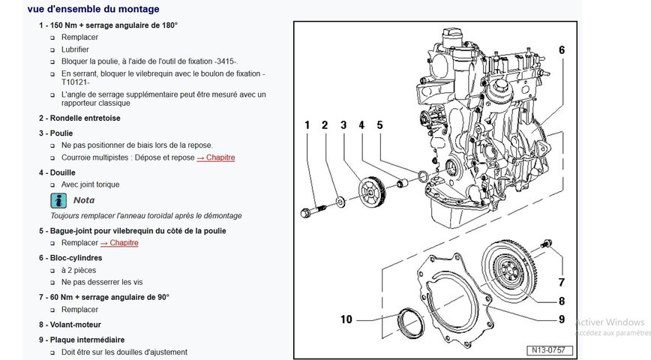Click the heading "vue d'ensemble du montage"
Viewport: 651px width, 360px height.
click(x=94, y=9)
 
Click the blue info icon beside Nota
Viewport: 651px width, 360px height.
click(x=58, y=200)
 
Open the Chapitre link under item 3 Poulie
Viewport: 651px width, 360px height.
click(x=216, y=157)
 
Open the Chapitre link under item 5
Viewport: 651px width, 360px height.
click(x=119, y=243)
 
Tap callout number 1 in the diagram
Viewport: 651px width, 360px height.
click(x=307, y=125)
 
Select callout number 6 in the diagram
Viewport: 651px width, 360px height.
click(x=562, y=50)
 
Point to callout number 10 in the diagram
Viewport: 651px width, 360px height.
click(x=346, y=319)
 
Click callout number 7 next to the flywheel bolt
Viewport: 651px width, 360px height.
click(x=562, y=282)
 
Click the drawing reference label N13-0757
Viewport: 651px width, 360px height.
click(x=549, y=350)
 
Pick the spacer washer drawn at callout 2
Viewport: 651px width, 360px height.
click(x=340, y=202)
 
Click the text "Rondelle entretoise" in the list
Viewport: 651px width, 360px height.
click(x=85, y=118)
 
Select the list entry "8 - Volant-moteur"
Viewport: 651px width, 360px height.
click(x=70, y=325)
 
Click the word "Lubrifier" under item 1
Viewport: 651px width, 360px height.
click(x=75, y=49)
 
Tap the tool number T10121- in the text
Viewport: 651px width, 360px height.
click(x=76, y=82)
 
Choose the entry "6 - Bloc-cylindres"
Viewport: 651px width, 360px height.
click(x=70, y=258)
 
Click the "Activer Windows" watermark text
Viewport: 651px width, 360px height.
click(x=610, y=322)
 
